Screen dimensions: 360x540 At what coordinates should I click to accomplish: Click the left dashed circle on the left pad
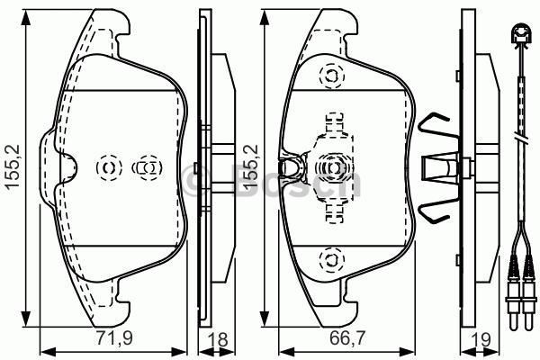click(109, 166)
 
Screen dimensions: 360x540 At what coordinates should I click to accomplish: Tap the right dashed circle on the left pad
click(146, 166)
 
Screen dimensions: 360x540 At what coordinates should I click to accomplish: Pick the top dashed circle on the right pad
click(331, 76)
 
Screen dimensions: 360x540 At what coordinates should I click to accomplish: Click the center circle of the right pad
click(331, 166)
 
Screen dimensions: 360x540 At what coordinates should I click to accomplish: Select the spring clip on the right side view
click(436, 167)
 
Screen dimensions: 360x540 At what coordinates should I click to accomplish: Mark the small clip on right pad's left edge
click(290, 166)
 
